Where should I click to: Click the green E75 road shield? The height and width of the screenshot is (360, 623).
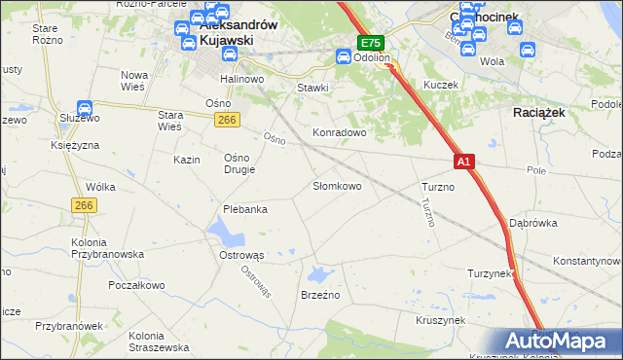tap(371, 43)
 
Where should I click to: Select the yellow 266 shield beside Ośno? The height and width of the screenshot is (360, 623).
tap(227, 119)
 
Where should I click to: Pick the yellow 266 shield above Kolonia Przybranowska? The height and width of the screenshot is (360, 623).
tap(83, 205)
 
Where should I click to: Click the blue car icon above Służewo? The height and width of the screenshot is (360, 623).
tap(84, 109)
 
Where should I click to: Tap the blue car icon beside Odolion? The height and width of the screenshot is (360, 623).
tap(344, 57)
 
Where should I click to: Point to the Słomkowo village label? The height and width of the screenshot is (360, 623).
tap(337, 186)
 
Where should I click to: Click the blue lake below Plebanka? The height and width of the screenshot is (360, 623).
tap(226, 231)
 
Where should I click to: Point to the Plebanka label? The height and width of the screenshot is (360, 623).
tap(244, 209)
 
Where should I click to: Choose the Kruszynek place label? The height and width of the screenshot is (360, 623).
tap(440, 319)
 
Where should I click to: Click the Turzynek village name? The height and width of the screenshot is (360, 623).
tap(490, 273)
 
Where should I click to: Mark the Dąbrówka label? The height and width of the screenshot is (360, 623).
tap(532, 222)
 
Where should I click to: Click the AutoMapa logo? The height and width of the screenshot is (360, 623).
tap(551, 341)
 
